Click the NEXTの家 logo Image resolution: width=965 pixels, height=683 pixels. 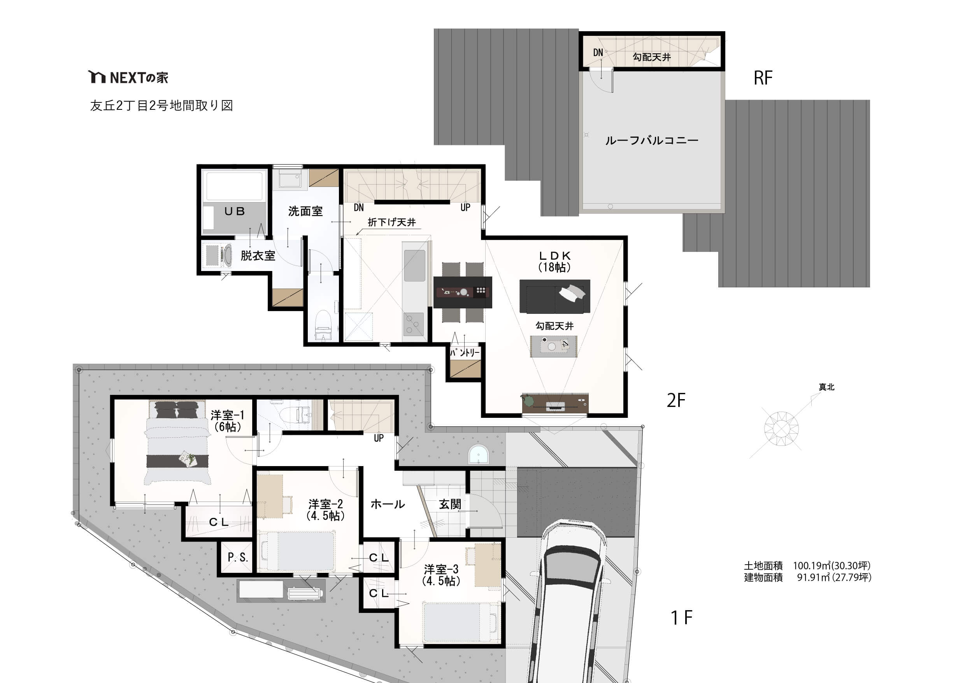coord(128,77)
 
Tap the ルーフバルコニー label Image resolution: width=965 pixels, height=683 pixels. coord(651,141)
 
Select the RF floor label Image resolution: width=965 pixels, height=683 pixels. coord(763,78)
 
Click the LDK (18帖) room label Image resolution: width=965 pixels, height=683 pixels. coord(554,262)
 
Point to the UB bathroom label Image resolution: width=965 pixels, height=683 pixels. coord(235,211)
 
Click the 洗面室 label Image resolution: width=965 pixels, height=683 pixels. coord(305,211)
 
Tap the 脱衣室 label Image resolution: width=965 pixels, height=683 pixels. coord(258,255)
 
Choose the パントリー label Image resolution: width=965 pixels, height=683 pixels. coord(465,352)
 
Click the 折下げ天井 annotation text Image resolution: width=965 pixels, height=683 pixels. coord(392,222)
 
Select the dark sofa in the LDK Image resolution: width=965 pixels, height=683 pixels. coord(555,296)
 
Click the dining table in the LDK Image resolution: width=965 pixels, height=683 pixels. coord(462,292)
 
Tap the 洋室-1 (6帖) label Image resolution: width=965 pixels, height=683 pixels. coord(227,421)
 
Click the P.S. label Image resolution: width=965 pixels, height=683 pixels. coord(237,557)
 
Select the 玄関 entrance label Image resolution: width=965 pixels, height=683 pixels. coord(450,504)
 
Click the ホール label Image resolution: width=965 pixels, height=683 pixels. coord(388,504)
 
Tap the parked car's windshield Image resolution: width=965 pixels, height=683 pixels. coord(572,568)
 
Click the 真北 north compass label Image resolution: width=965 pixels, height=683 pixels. coord(826,387)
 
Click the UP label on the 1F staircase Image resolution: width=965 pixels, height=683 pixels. coord(379,438)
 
